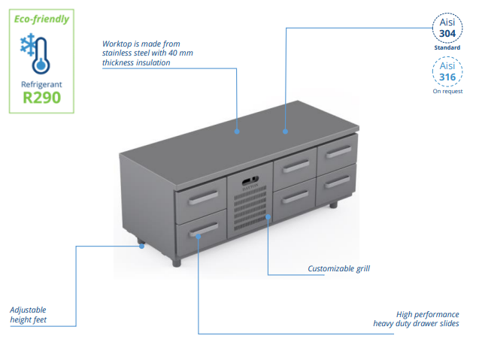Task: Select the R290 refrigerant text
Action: coord(41,97)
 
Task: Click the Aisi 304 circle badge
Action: coord(447,27)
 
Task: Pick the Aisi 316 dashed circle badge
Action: coord(447,72)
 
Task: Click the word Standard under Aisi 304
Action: coord(447,47)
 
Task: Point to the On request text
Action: coord(447,92)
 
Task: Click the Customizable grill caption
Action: coord(338,268)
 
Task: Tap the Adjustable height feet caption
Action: coord(29,315)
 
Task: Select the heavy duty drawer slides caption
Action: coord(416,319)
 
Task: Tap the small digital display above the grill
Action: coord(250,180)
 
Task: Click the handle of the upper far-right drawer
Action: coord(337,153)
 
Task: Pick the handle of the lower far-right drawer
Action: coord(337,182)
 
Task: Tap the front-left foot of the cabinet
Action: coord(177,262)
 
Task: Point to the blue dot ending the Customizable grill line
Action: coord(268,218)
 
